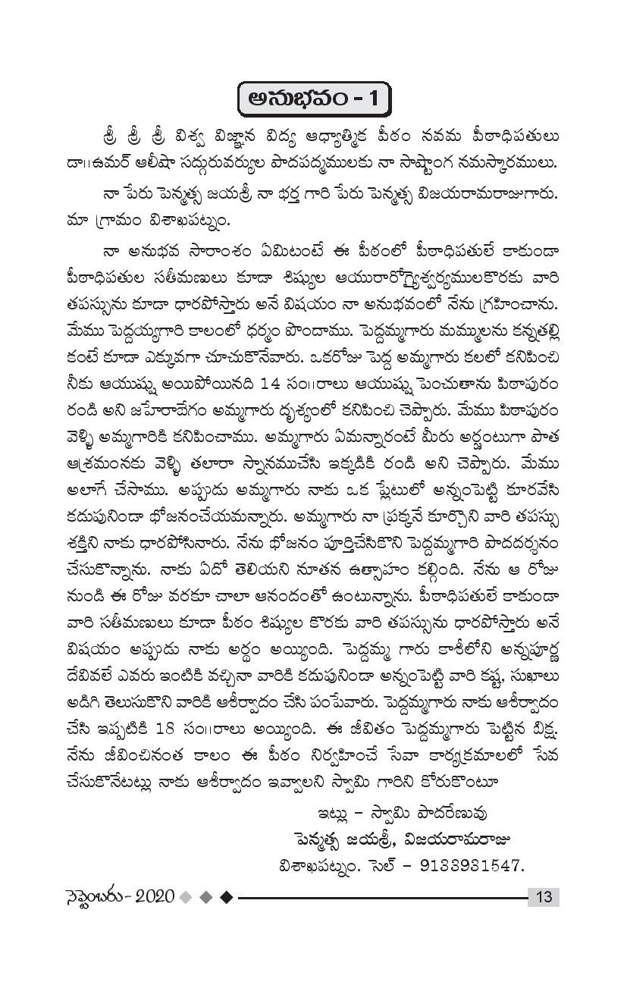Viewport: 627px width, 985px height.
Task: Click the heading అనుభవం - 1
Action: (x=312, y=99)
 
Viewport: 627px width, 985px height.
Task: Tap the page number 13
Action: (x=543, y=897)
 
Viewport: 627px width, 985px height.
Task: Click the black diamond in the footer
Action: (x=225, y=897)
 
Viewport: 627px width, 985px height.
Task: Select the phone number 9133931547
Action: (x=474, y=865)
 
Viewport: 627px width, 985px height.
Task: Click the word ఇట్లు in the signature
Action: (x=335, y=813)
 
